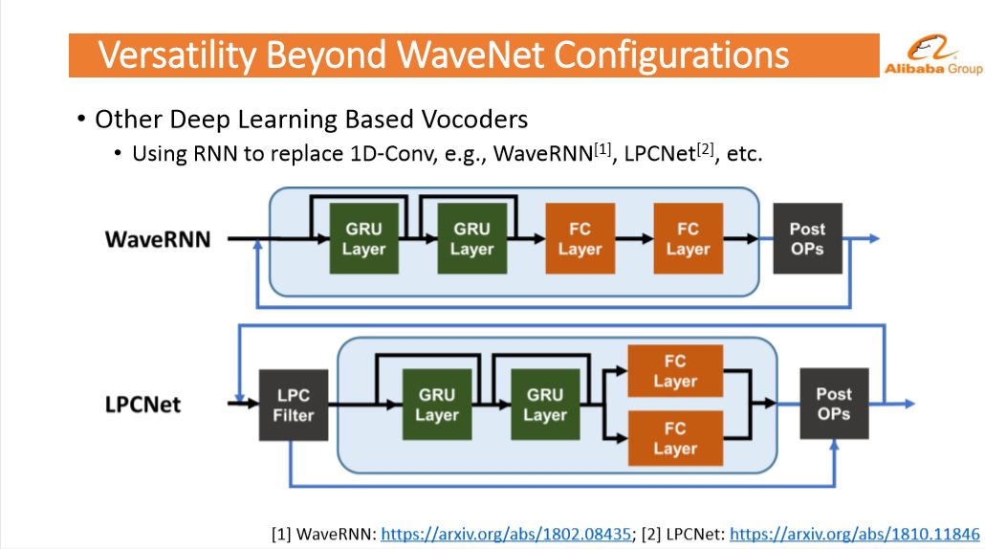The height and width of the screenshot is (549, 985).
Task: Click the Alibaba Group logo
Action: pyautogui.click(x=932, y=55)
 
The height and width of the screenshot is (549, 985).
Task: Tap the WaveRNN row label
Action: pyautogui.click(x=158, y=239)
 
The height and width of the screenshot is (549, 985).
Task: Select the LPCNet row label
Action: pyautogui.click(x=143, y=404)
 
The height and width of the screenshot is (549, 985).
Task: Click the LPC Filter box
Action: pyautogui.click(x=294, y=405)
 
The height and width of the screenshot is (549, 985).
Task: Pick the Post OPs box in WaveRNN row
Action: pyautogui.click(x=807, y=238)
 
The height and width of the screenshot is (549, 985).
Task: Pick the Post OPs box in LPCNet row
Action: pyautogui.click(x=834, y=404)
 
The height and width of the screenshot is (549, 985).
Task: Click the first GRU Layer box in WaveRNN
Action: pyautogui.click(x=363, y=238)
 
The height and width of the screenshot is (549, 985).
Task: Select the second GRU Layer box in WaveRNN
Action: pyautogui.click(x=471, y=238)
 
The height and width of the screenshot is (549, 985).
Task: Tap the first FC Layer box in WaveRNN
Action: pyautogui.click(x=580, y=238)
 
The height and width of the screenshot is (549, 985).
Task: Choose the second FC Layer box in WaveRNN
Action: pyautogui.click(x=688, y=238)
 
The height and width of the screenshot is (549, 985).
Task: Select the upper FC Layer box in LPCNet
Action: pyautogui.click(x=675, y=370)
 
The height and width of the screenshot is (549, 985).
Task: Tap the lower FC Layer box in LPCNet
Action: pyautogui.click(x=675, y=438)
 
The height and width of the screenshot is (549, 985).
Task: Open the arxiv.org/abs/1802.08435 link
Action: pyautogui.click(x=506, y=534)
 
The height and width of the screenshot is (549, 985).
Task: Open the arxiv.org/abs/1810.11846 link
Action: pyautogui.click(x=854, y=534)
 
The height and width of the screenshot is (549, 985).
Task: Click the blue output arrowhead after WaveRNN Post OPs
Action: pyautogui.click(x=874, y=238)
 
